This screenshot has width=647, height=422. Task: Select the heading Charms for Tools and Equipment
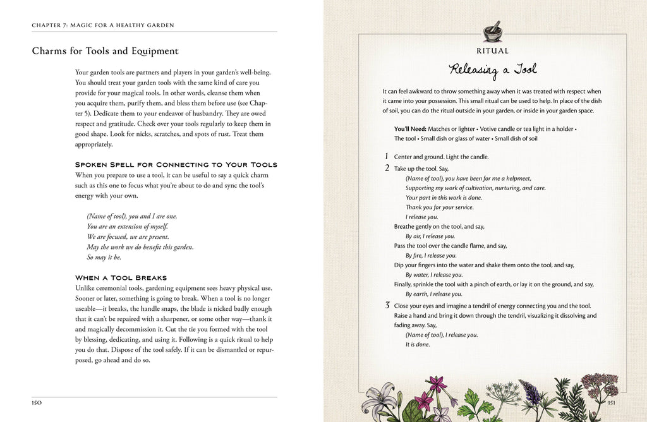(105, 51)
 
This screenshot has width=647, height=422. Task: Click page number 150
(37, 402)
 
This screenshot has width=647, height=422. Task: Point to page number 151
(610, 402)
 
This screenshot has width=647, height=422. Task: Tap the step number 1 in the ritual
(386, 156)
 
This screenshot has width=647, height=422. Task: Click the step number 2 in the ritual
(386, 169)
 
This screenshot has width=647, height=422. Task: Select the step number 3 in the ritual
(387, 306)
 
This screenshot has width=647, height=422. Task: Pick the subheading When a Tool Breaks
(121, 277)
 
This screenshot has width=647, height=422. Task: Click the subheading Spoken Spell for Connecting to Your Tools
(176, 164)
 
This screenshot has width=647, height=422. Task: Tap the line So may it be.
(104, 257)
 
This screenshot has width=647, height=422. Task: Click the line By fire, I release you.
(430, 255)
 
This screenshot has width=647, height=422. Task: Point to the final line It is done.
(417, 344)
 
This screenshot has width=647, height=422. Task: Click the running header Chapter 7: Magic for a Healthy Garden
(103, 25)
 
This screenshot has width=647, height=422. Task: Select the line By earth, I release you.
(433, 294)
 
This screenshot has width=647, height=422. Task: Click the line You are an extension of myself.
(128, 226)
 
